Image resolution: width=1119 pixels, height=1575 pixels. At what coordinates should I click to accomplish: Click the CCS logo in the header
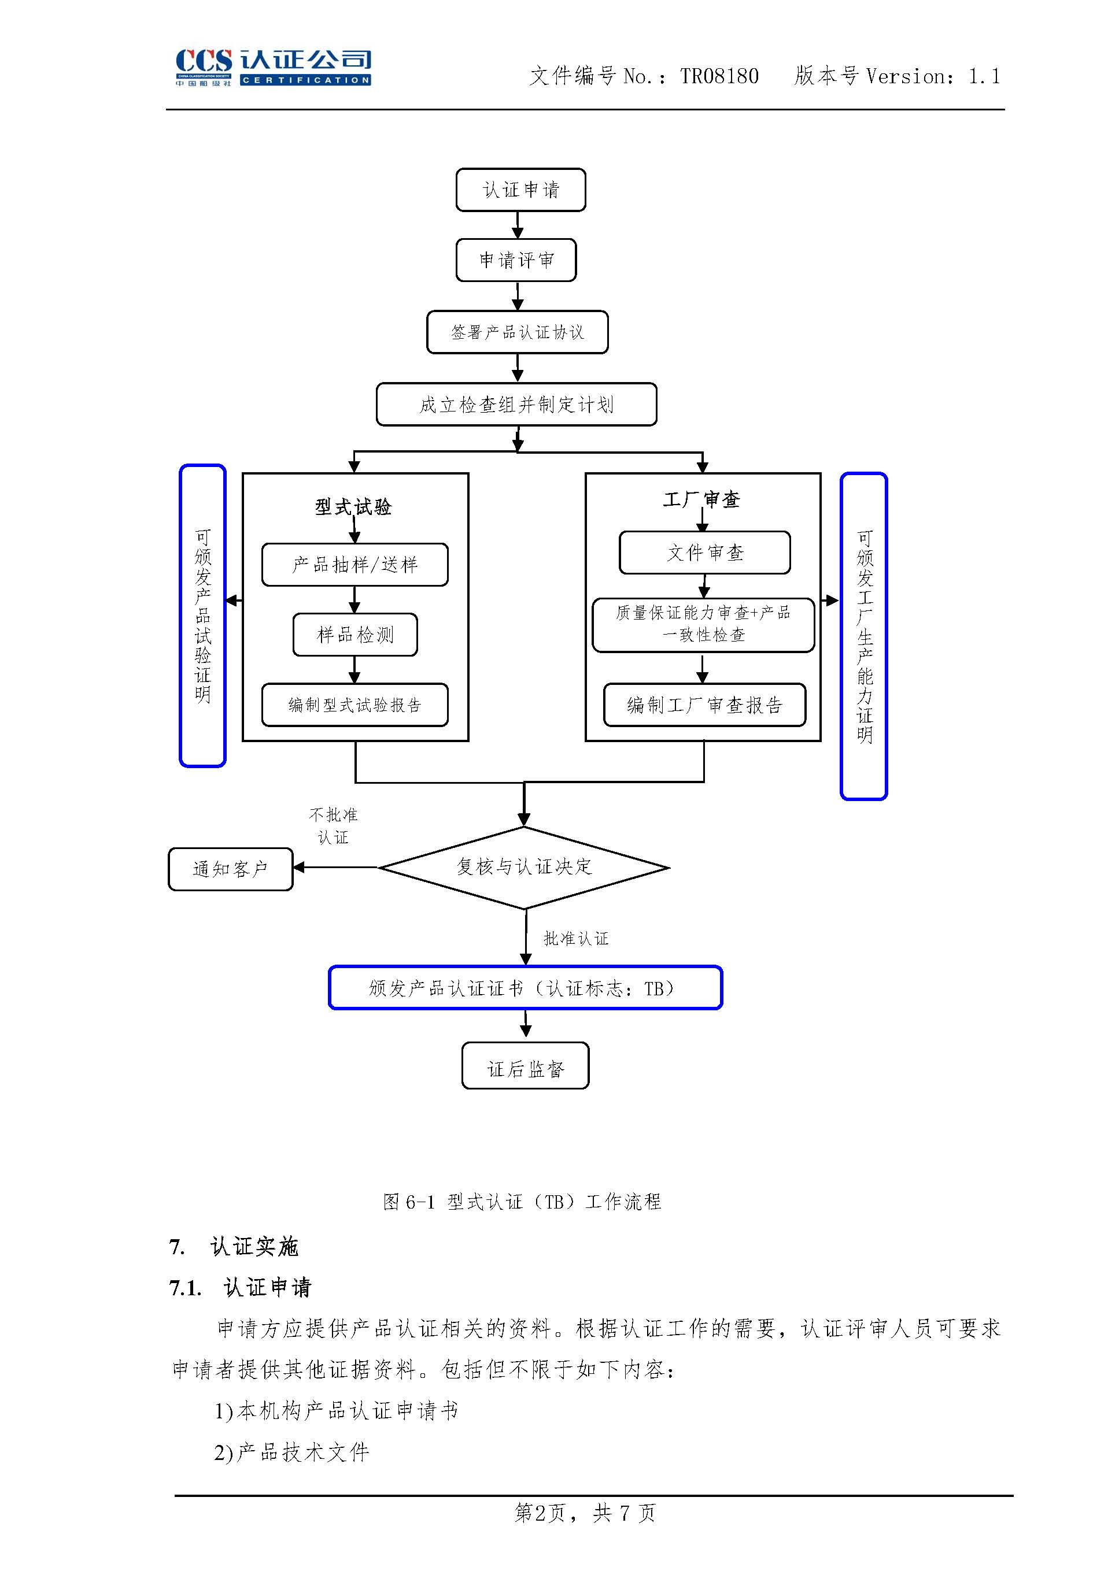[273, 67]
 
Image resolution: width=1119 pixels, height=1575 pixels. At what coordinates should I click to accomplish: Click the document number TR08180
[719, 76]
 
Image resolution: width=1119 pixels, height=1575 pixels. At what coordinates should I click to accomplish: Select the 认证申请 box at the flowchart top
[520, 190]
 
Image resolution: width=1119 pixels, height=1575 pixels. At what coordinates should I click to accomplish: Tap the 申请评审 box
[516, 260]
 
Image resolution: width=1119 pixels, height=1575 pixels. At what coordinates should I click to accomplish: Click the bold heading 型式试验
[353, 507]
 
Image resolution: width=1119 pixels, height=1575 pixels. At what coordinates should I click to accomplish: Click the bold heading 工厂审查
[701, 500]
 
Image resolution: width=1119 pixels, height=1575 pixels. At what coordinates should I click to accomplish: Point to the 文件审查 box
[704, 553]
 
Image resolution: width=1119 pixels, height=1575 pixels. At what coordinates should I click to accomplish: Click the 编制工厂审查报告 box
[704, 705]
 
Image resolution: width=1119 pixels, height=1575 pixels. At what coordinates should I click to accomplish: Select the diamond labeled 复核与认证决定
[524, 868]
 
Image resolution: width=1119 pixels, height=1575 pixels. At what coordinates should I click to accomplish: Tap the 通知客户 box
[230, 870]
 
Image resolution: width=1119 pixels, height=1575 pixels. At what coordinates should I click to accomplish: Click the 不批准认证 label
[334, 827]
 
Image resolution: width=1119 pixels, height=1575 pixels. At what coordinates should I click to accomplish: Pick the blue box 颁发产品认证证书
[525, 988]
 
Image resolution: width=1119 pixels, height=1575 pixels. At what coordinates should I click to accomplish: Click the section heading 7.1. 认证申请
[241, 1287]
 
